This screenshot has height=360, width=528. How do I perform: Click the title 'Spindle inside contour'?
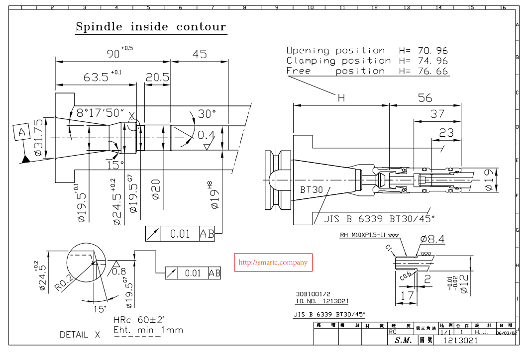tap(150, 27)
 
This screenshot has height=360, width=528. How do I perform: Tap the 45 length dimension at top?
tap(200, 54)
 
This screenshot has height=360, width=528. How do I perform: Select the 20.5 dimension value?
tap(157, 78)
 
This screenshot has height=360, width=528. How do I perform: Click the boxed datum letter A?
tap(21, 133)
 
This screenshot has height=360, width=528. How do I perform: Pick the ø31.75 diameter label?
tap(38, 138)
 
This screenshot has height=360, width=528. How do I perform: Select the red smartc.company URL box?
tap(273, 262)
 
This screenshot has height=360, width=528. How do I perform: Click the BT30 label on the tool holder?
tap(312, 189)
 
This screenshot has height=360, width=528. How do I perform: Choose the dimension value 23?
tap(446, 132)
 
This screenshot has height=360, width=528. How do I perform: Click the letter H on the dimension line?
tap(341, 98)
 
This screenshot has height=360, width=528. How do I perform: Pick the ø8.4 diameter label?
tap(432, 240)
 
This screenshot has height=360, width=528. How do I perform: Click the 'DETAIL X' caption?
tap(80, 335)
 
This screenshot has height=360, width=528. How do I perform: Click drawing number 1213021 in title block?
tap(460, 340)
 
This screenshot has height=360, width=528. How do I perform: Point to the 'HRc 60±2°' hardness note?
tap(139, 320)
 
